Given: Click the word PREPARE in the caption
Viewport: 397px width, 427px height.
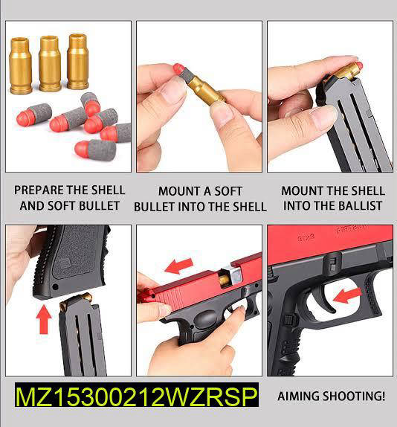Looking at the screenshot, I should click(x=45, y=190).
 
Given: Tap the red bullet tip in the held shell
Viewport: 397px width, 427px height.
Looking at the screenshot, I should click(x=179, y=71).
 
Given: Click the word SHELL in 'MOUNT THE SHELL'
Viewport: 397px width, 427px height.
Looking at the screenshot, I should click(x=361, y=190).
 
